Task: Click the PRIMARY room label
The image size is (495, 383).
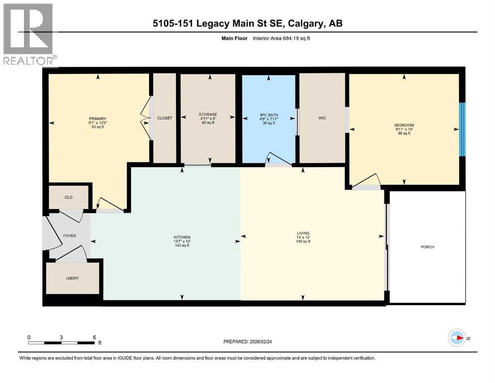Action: (98, 119)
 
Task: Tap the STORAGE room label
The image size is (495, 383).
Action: (208, 115)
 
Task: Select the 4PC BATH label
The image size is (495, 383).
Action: (269, 115)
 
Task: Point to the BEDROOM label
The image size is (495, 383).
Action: (404, 125)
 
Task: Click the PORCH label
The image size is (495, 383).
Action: (427, 247)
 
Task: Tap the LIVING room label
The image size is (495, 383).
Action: (303, 233)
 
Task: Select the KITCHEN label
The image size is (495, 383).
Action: (182, 237)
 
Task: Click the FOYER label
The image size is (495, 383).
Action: (69, 235)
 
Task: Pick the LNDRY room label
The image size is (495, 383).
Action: (72, 278)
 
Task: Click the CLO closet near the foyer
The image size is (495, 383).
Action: (69, 197)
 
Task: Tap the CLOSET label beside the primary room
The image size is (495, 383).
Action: (165, 118)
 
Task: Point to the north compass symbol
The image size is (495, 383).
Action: (456, 338)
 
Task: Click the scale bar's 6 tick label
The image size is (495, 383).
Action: (94, 337)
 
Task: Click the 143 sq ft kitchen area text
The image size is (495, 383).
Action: (182, 246)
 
